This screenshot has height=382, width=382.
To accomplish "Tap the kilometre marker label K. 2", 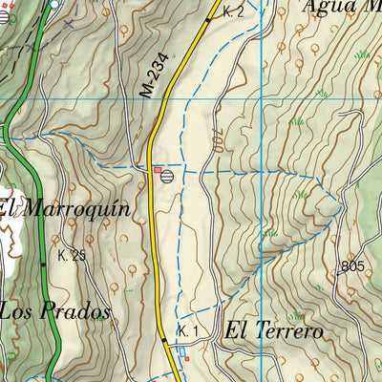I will click(234, 12).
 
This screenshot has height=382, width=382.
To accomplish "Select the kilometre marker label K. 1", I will click(187, 330).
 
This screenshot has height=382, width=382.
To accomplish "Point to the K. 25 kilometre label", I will click(72, 256).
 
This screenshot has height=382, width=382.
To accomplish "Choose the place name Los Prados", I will click(54, 311).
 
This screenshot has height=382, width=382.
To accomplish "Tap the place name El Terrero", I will click(273, 331).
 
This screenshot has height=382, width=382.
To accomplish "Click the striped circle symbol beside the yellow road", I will click(168, 175).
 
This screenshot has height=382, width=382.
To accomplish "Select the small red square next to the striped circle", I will click(158, 170).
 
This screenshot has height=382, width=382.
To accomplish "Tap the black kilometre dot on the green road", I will click(43, 263).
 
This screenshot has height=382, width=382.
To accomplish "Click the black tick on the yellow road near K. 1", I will click(163, 339).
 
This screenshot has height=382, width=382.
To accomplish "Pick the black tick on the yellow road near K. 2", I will click(208, 18).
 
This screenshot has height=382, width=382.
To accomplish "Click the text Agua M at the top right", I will click(339, 7).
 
